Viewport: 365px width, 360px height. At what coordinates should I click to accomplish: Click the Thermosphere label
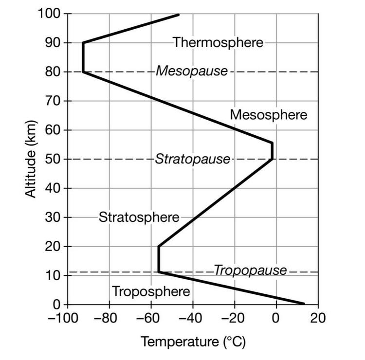[x=218, y=42]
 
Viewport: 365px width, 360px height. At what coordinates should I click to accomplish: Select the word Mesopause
[x=191, y=72]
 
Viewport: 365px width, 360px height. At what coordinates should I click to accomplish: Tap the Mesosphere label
[x=268, y=115]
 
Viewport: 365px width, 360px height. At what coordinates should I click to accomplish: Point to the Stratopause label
[x=192, y=159]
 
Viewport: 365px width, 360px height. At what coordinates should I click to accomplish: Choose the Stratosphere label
[x=139, y=217]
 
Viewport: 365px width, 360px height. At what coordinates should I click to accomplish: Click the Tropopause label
[x=250, y=270]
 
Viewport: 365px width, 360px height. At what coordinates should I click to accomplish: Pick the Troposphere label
[x=151, y=291]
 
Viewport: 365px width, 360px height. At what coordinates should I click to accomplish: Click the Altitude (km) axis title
[x=31, y=160]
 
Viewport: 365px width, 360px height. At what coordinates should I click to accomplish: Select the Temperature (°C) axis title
[x=193, y=342]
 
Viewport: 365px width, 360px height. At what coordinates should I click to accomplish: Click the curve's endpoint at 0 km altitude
[x=304, y=304]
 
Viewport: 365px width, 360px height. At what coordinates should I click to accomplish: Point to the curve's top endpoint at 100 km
[x=179, y=15]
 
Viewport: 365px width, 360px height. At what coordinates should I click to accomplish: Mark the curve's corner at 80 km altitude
[x=83, y=72]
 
